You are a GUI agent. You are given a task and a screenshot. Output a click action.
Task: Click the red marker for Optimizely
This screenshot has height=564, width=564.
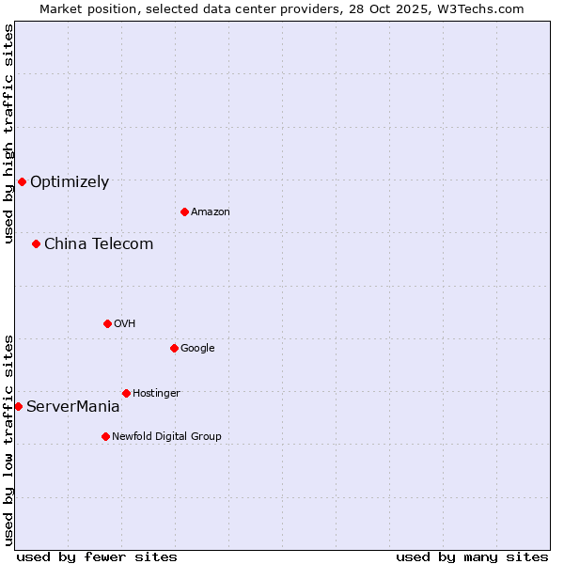22,181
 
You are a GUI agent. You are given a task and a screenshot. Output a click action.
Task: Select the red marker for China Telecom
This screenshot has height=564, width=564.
36,243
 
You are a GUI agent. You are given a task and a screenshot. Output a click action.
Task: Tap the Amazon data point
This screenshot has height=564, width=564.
184,211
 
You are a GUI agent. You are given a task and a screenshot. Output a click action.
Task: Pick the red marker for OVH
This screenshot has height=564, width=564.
107,323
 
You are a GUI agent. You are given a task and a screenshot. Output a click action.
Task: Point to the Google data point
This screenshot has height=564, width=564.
174,348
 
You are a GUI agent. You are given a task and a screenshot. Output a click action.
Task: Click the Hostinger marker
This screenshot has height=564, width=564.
126,393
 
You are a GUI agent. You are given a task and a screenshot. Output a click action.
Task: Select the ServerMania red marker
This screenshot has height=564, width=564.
18,406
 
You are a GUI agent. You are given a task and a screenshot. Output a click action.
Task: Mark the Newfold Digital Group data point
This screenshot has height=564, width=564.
105,436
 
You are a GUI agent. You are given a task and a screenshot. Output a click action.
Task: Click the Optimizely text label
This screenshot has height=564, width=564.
70,182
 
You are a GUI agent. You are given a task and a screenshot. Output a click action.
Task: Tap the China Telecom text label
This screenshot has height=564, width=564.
99,244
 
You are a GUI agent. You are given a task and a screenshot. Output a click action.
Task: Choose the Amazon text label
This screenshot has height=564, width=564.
211,212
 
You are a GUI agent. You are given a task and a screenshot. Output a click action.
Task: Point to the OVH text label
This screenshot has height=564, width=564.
125,324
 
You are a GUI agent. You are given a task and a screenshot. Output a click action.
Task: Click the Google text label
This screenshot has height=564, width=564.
197,349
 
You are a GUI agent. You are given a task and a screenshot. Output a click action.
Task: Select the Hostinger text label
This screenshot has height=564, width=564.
156,394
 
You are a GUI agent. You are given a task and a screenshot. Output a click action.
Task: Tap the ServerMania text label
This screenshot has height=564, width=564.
73,407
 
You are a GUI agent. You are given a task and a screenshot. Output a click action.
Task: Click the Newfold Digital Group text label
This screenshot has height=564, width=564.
166,437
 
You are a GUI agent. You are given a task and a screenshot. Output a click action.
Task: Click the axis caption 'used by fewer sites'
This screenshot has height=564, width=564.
97,556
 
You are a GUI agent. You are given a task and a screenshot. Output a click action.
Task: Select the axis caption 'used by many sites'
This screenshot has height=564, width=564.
472,556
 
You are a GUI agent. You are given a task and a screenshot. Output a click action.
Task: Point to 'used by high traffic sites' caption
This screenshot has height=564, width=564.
8,133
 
